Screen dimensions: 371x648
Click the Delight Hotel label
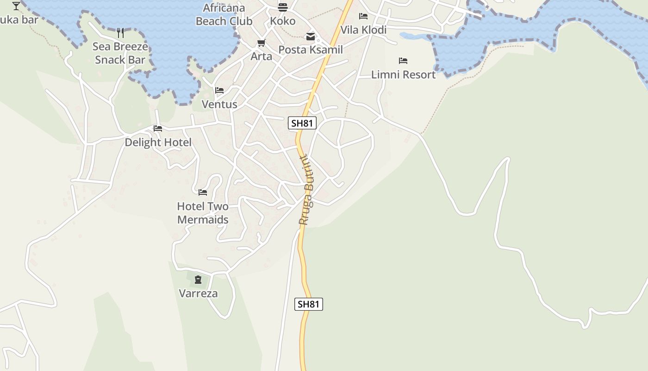(x=158, y=142)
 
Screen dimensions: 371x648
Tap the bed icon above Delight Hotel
(x=158, y=128)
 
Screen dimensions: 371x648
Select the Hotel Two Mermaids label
(x=203, y=213)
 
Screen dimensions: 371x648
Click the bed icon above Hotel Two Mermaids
(x=203, y=192)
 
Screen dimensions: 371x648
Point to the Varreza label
(x=198, y=294)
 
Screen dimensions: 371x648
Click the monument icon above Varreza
(x=198, y=280)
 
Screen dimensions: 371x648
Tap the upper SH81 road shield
(x=302, y=123)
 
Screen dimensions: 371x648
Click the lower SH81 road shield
(x=309, y=304)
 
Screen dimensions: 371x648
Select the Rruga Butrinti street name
(x=306, y=190)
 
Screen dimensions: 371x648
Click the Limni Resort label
(x=403, y=75)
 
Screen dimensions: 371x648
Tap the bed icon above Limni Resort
(x=403, y=61)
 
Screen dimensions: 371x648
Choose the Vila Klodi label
(x=363, y=30)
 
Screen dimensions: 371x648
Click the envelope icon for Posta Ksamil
(x=310, y=36)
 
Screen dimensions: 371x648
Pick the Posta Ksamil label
(x=311, y=50)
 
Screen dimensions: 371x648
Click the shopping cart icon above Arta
(x=262, y=43)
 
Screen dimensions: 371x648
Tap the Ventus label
(x=219, y=104)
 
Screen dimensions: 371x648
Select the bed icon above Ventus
(x=219, y=90)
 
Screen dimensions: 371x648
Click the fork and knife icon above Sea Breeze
(x=120, y=32)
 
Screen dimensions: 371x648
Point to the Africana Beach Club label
(x=224, y=14)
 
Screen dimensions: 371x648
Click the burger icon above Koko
(x=282, y=7)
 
